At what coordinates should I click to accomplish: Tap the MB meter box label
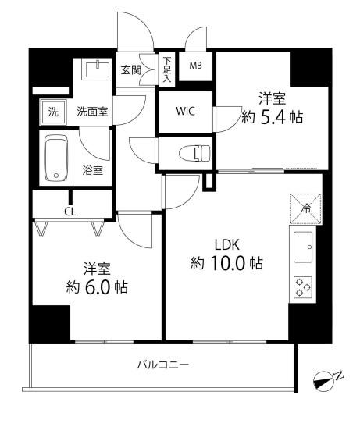[x=195, y=66]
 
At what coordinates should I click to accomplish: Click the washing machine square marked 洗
[x=53, y=112]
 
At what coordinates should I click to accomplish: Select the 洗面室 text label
[x=92, y=112]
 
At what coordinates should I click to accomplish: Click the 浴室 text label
[x=93, y=170]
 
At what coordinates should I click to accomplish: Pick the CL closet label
[x=70, y=211]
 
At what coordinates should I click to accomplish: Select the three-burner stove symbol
[x=302, y=288]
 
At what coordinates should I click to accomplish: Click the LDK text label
[x=227, y=243]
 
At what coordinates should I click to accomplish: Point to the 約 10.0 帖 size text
[x=226, y=264]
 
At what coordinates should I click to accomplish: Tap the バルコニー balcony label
[x=163, y=364]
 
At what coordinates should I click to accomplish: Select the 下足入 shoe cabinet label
[x=167, y=68]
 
